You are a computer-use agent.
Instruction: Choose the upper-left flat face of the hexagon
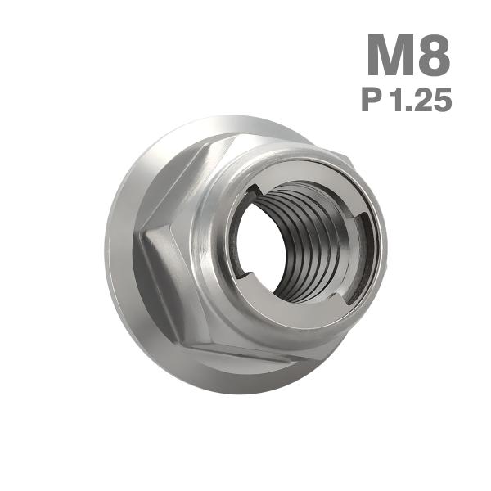point(176,184)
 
